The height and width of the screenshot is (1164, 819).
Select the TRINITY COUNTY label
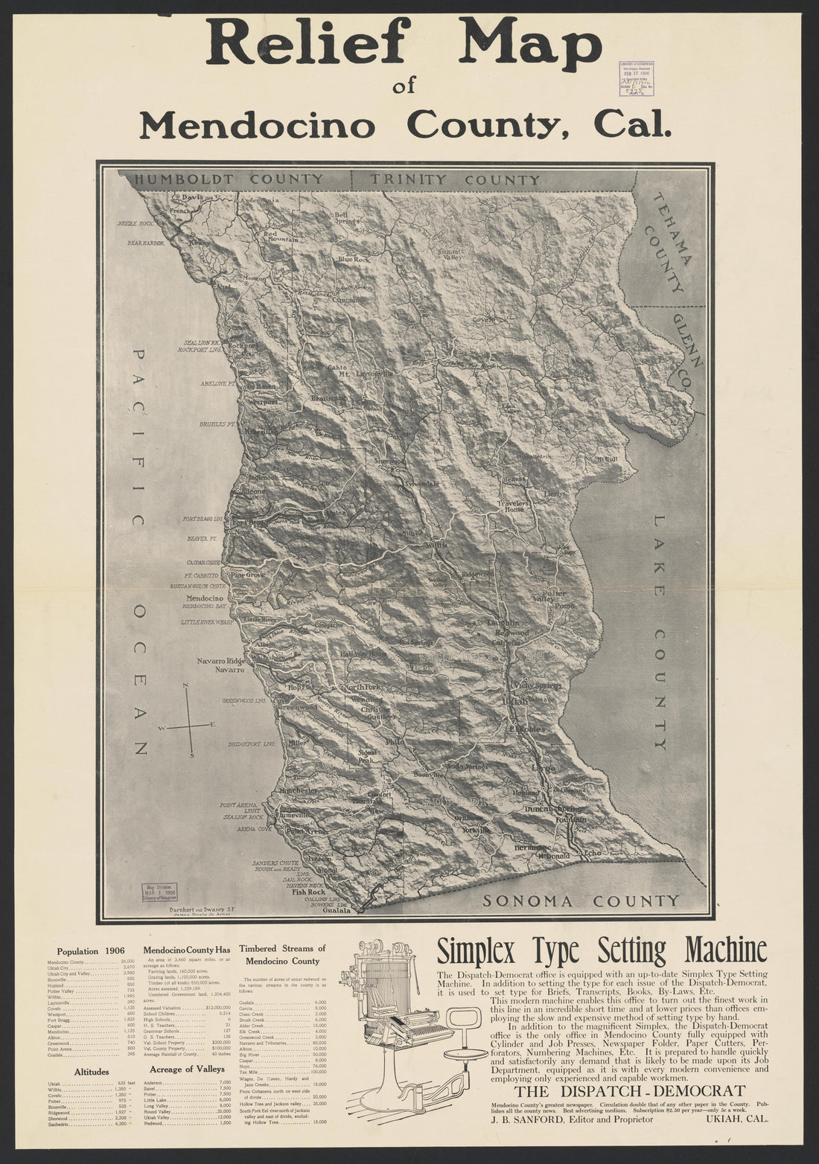point(455,180)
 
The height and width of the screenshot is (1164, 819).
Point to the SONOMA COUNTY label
point(581,901)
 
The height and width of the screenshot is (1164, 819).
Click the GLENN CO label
point(689,350)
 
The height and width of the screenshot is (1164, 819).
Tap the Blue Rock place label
point(354,260)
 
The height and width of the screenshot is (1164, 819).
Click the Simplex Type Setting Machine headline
point(602,950)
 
